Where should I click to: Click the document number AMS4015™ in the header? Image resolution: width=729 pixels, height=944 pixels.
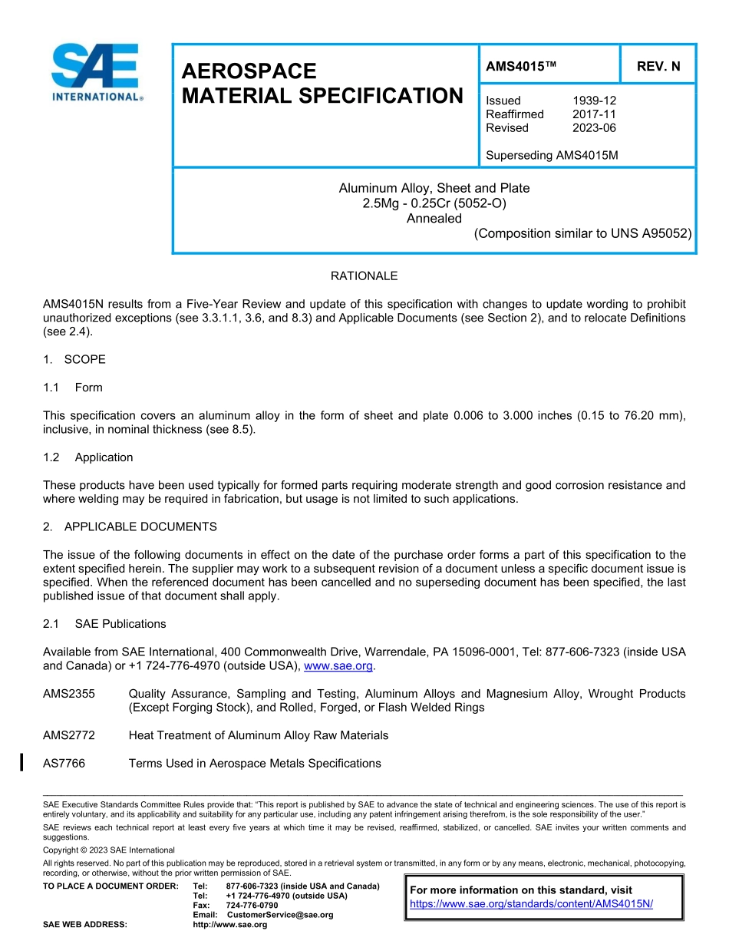520,67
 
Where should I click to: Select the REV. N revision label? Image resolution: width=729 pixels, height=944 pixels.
658,67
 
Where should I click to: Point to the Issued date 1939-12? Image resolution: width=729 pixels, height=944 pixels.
594,101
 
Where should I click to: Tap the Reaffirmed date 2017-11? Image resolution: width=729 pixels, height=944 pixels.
594,114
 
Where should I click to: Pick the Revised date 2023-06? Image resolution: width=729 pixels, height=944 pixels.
594,128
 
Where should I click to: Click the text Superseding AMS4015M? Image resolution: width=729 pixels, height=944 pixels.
552,156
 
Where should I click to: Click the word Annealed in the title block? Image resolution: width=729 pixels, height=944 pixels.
434,219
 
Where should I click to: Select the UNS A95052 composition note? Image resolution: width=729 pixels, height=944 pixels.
582,234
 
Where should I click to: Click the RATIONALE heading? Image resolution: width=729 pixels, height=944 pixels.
364,276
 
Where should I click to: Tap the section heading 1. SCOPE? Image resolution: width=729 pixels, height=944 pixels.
74,360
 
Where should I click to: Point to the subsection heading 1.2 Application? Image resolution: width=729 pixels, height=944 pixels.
88,457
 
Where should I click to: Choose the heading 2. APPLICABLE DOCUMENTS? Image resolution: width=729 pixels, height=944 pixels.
130,527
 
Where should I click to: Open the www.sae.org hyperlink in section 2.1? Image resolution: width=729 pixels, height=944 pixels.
338,666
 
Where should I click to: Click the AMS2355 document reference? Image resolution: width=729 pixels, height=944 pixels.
69,694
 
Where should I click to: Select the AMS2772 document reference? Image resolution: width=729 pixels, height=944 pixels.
69,735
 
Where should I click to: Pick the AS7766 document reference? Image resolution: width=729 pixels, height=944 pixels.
64,764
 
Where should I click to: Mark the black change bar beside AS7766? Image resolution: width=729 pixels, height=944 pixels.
21,762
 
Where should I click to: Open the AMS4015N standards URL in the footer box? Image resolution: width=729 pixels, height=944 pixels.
531,904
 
